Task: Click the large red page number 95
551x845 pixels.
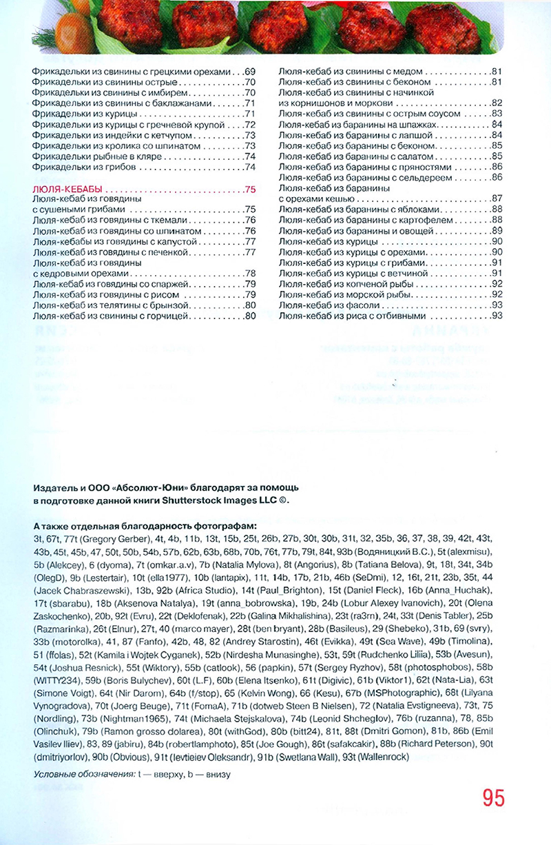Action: pos(493,797)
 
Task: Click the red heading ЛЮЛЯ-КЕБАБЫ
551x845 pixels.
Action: pos(67,190)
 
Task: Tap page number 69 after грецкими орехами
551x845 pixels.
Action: pos(249,71)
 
